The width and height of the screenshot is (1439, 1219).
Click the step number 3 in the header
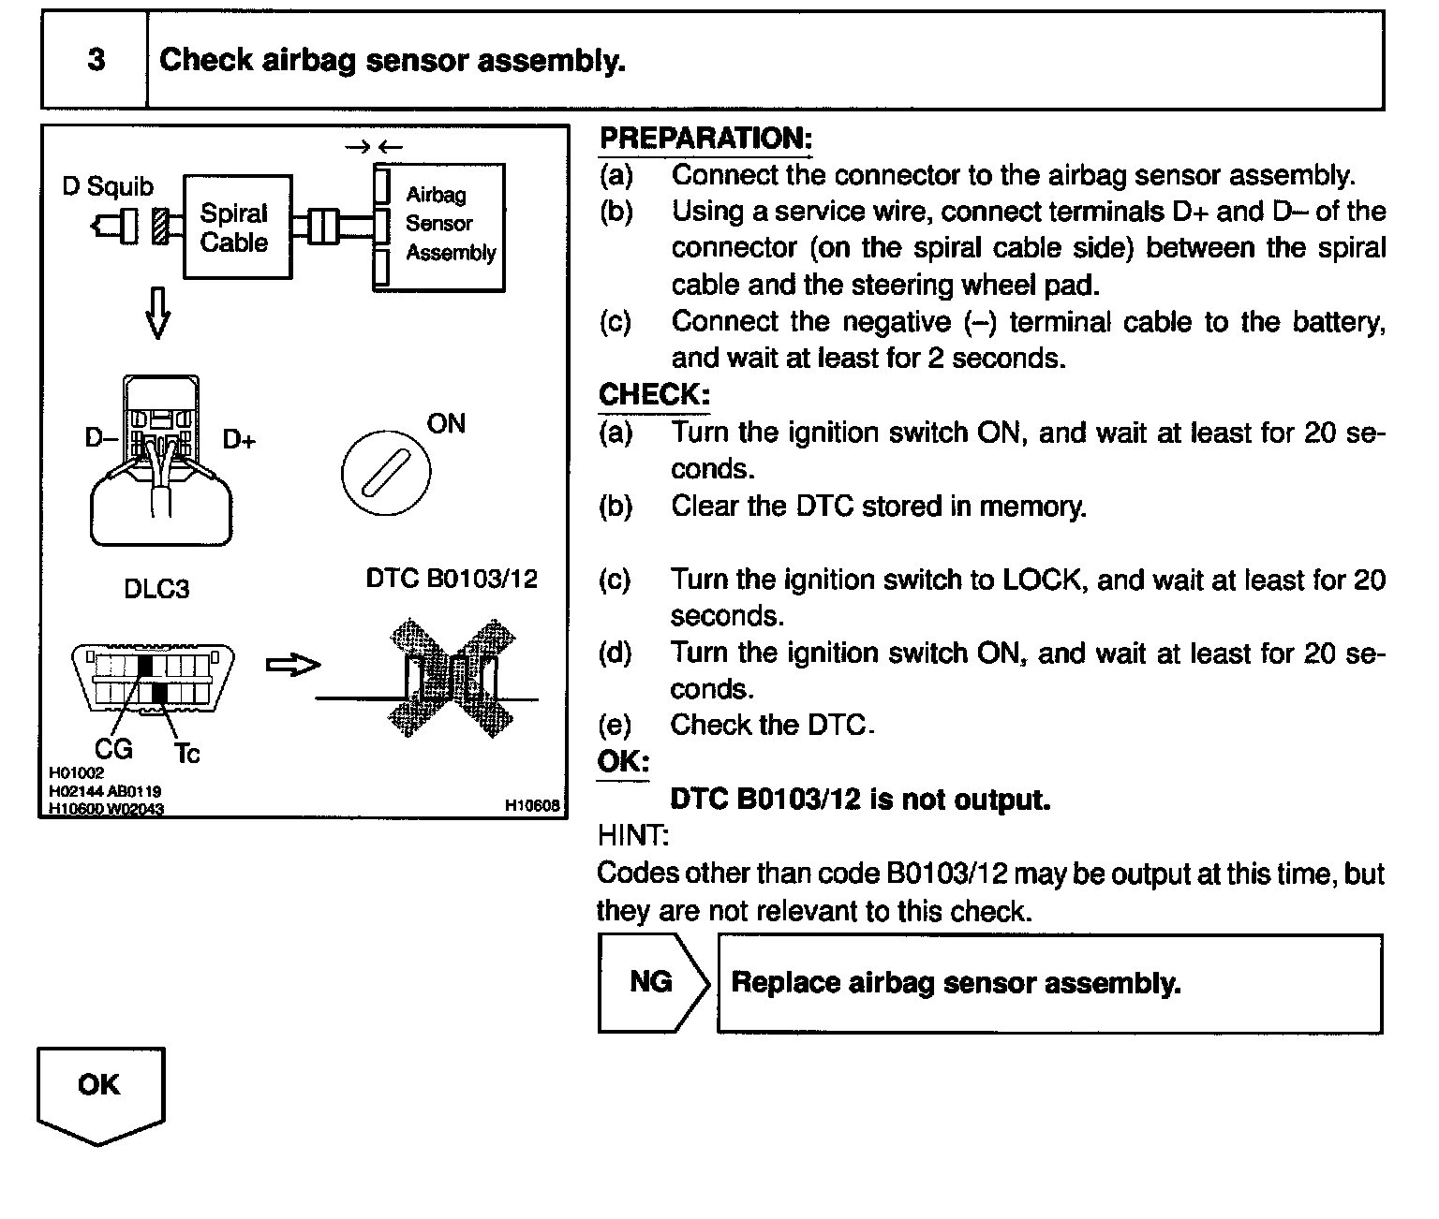pyautogui.click(x=96, y=61)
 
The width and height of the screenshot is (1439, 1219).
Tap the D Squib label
pyautogui.click(x=108, y=186)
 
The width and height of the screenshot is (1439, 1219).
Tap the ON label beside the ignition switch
pyautogui.click(x=446, y=424)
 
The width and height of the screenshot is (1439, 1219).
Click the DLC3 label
pyautogui.click(x=156, y=589)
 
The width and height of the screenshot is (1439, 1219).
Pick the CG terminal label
pyautogui.click(x=114, y=749)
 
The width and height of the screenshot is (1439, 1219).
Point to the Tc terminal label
pyautogui.click(x=186, y=753)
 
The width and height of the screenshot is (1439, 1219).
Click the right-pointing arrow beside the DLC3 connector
pyautogui.click(x=292, y=666)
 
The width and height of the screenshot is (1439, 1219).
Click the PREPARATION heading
pyautogui.click(x=705, y=139)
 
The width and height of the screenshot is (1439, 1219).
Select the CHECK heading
pyautogui.click(x=654, y=394)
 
